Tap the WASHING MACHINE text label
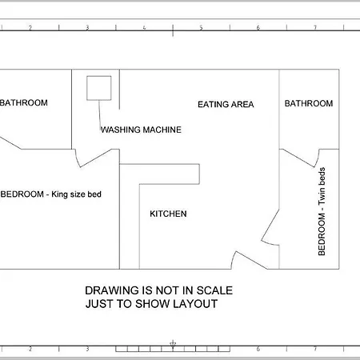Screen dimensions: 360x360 coord(141,130)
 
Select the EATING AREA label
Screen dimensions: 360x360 coord(226,104)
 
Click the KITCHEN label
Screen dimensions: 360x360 coord(168,214)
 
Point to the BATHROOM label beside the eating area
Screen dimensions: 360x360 coord(309,103)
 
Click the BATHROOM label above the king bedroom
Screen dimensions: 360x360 coord(24,102)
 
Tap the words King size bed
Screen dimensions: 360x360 coord(76,194)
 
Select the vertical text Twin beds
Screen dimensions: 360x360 coord(322,186)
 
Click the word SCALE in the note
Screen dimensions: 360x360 coord(214,290)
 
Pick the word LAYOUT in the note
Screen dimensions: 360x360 coord(195,304)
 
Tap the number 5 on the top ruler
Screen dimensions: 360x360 coord(201,27)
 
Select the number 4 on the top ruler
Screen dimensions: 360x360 coord(144,27)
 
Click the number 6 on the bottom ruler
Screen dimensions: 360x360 coord(258,349)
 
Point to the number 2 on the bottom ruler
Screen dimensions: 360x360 coord(30,349)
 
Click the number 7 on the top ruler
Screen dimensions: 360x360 coord(315,27)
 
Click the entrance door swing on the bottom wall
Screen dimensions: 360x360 coord(250,260)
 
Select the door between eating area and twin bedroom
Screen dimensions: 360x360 coord(270,226)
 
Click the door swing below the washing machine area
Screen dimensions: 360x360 coord(95,158)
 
